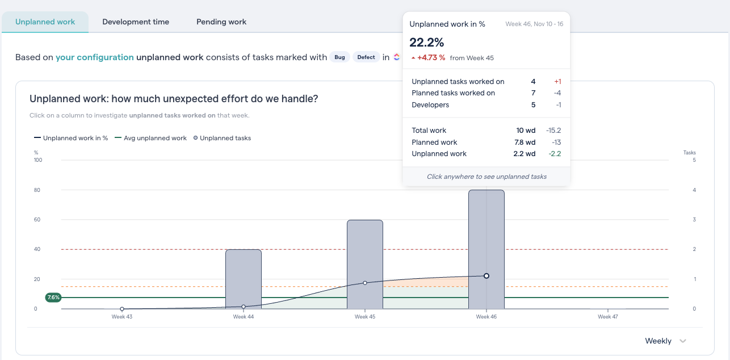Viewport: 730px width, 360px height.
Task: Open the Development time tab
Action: tap(136, 22)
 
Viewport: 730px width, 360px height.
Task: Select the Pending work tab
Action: tap(221, 22)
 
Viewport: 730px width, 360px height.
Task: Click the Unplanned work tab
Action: tap(45, 22)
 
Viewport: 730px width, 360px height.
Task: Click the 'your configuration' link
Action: tap(95, 57)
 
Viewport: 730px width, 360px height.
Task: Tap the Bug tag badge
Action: tap(339, 57)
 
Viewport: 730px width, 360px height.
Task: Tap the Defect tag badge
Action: tap(366, 57)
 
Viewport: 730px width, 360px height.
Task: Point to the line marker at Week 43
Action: tap(122, 309)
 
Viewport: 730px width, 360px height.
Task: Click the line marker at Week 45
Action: tap(365, 283)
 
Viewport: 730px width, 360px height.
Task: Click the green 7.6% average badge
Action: tap(53, 298)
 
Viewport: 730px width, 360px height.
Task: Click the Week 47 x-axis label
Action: tap(608, 317)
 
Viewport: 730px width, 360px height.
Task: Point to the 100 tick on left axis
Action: tap(38, 160)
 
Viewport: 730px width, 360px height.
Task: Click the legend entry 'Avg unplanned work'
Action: tap(150, 138)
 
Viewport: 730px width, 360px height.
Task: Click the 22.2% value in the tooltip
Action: tap(427, 43)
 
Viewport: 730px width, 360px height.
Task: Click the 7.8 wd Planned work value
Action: tap(525, 143)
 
